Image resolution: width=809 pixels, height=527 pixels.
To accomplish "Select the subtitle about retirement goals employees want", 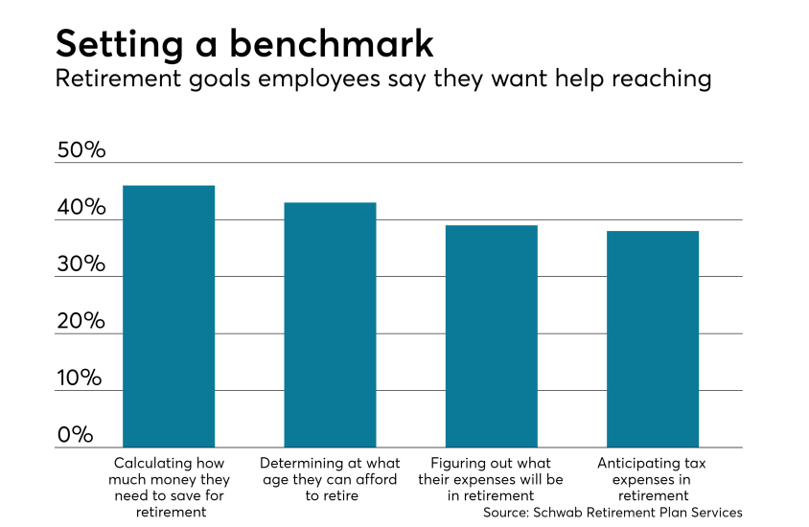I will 383,79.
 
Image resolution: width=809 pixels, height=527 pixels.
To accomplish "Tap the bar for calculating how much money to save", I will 169,316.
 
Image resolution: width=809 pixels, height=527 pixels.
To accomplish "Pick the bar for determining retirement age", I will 330,325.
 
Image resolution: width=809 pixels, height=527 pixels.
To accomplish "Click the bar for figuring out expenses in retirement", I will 491,336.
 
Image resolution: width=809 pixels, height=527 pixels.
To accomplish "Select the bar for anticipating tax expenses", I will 652,339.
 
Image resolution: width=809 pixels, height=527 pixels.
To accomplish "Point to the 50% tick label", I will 81,150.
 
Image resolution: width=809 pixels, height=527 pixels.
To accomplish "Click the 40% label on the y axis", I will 81,208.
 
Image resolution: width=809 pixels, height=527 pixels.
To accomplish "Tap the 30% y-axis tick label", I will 81,264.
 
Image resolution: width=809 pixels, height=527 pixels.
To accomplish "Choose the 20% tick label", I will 81,321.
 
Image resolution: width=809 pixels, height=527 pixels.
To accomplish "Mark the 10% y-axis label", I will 81,378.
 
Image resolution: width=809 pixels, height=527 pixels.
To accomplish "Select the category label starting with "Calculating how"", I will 169,479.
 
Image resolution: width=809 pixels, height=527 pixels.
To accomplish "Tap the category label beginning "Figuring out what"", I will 491,479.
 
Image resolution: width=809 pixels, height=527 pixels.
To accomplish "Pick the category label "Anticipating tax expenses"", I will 652,479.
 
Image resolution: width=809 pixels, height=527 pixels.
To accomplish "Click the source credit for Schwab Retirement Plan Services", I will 613,513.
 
